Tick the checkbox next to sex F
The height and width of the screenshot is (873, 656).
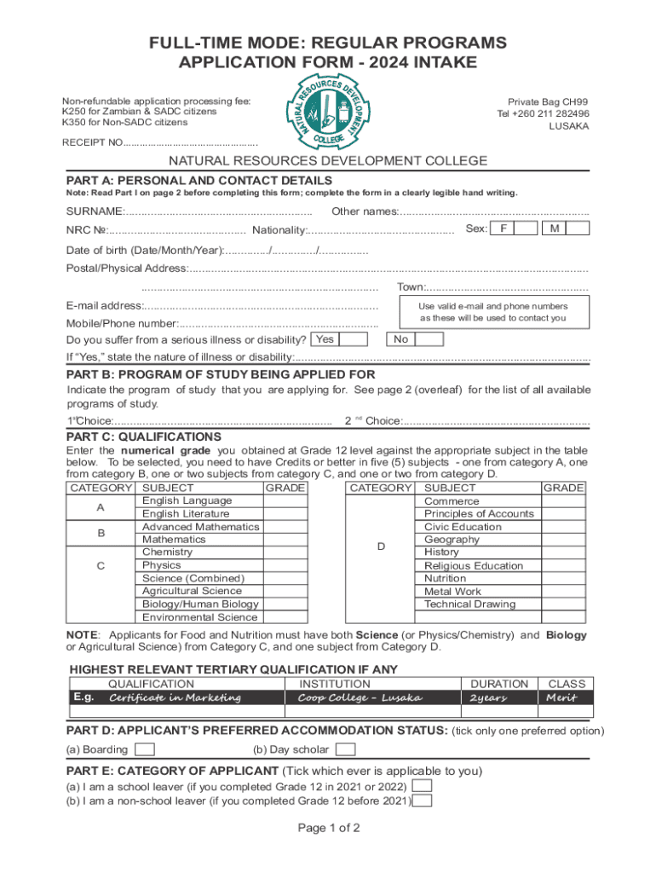(527, 228)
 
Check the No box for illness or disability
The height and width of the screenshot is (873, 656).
(429, 339)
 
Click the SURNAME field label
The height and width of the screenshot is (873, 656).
(95, 211)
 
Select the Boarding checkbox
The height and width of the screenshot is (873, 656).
(146, 749)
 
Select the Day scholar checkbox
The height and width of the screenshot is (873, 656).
(344, 749)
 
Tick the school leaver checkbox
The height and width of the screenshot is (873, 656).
(421, 786)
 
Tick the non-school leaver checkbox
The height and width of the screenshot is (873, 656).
(421, 801)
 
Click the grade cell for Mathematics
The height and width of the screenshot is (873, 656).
(285, 540)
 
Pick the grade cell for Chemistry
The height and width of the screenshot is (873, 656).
(285, 552)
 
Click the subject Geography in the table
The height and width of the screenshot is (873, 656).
(452, 540)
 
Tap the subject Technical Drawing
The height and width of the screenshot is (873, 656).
(469, 604)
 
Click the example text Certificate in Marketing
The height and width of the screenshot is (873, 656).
(175, 698)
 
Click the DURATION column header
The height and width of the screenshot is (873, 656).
(498, 684)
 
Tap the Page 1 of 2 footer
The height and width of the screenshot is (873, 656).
(329, 828)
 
